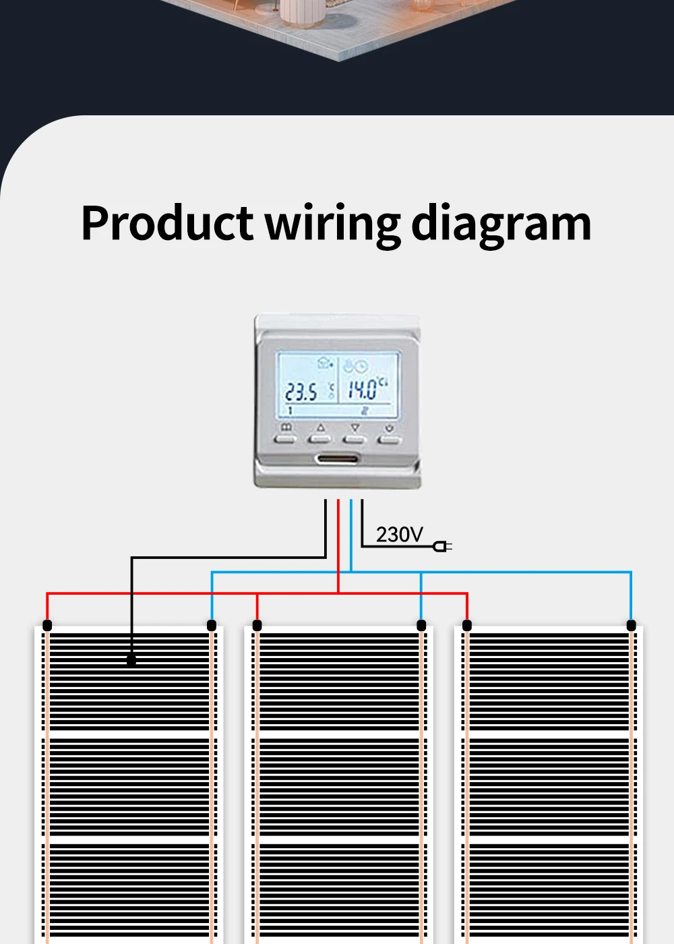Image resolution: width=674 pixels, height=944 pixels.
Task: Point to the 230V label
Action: click(400, 535)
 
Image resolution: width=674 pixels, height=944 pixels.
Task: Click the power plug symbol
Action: click(442, 546)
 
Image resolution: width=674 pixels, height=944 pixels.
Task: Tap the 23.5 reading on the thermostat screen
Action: click(301, 392)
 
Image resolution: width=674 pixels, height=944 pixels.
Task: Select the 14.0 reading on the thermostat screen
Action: click(362, 389)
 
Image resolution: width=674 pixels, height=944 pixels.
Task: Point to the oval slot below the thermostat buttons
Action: click(336, 460)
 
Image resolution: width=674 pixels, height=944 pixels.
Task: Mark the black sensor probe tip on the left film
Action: click(131, 660)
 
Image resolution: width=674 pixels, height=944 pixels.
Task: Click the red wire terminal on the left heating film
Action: click(47, 626)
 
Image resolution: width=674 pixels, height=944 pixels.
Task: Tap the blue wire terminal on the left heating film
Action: click(212, 626)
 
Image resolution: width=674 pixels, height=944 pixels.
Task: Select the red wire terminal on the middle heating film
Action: click(257, 626)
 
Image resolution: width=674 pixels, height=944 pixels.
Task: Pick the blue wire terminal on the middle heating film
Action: click(421, 626)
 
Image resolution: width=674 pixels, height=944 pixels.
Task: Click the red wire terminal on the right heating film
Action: click(467, 626)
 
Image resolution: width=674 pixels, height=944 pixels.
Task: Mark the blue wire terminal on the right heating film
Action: click(632, 626)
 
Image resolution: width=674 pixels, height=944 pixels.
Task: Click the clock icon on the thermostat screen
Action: click(361, 367)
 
